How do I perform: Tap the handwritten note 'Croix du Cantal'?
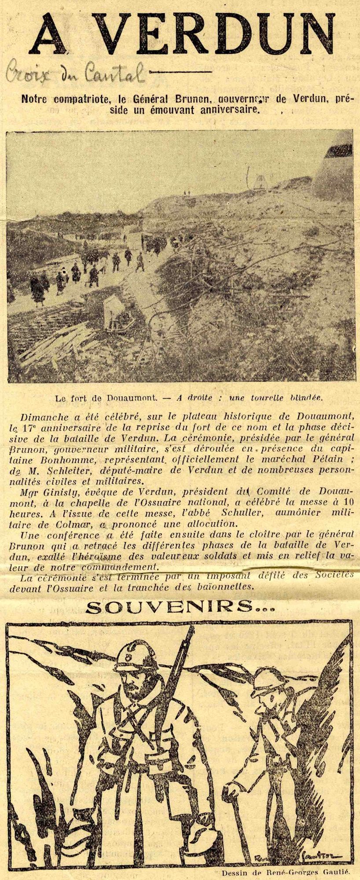[75, 74]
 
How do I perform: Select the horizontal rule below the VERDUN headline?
[185, 71]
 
